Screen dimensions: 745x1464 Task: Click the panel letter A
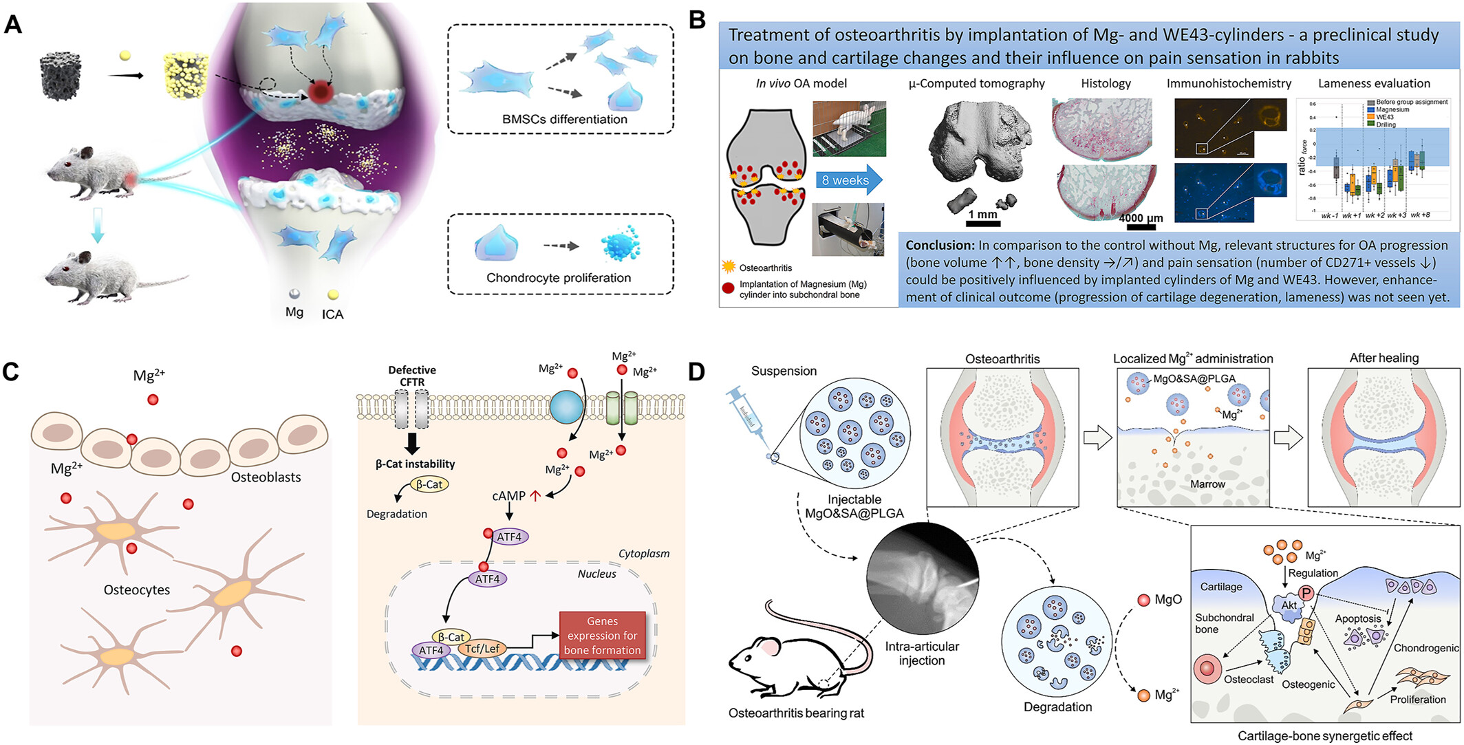coord(13,25)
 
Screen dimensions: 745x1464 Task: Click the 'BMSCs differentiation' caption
coord(564,119)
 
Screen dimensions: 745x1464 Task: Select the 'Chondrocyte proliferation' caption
coord(558,278)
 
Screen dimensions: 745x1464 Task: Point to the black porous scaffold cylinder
coord(61,78)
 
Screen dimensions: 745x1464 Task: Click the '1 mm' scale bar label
coord(982,215)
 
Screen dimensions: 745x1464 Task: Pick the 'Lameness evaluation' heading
coord(1373,83)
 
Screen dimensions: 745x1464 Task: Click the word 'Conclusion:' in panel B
coord(938,246)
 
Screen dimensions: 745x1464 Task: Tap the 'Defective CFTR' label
coord(412,376)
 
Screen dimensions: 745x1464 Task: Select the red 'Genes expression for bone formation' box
coord(602,636)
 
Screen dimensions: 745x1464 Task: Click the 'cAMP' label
coord(508,496)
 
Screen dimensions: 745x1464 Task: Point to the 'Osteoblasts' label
coord(266,477)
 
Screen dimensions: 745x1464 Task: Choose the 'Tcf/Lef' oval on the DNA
coord(482,649)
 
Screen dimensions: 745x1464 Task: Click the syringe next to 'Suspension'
coord(748,416)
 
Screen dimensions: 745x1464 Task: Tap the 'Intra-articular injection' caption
coord(922,654)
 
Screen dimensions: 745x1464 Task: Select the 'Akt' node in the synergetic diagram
coord(1289,605)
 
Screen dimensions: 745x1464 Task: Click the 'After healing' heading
coord(1384,358)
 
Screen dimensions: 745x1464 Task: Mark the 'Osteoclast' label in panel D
coord(1249,680)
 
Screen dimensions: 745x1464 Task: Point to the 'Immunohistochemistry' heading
coord(1229,83)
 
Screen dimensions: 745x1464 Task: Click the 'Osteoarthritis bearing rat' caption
coord(796,713)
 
